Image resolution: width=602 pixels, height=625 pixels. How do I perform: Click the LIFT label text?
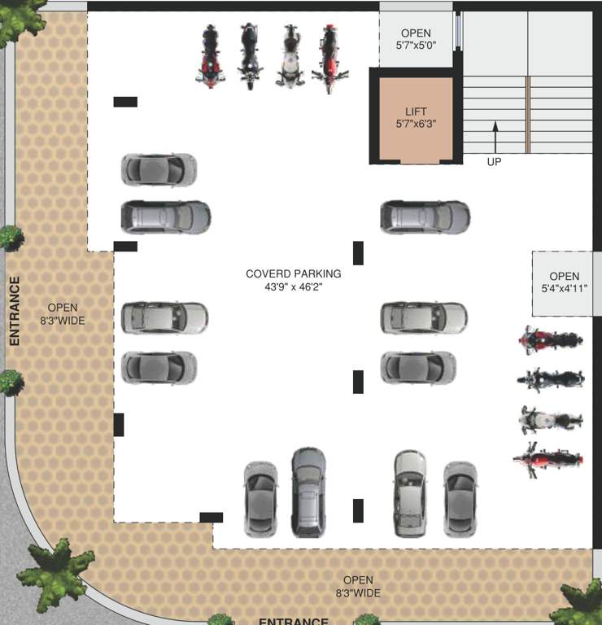pyautogui.click(x=416, y=111)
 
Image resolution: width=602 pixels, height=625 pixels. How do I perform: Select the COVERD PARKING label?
pyautogui.click(x=294, y=273)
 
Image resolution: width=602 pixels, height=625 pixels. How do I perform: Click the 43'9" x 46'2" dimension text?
pyautogui.click(x=294, y=286)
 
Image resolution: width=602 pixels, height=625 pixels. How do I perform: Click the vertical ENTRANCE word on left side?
pyautogui.click(x=14, y=312)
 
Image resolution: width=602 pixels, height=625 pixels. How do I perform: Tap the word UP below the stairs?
pyautogui.click(x=494, y=162)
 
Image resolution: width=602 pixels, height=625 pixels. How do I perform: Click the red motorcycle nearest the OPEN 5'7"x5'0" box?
pyautogui.click(x=329, y=56)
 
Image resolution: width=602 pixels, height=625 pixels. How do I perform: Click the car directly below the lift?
pyautogui.click(x=425, y=217)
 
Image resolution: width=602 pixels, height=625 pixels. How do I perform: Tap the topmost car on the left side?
pyautogui.click(x=159, y=169)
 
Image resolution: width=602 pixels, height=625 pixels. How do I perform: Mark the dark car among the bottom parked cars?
pyautogui.click(x=308, y=492)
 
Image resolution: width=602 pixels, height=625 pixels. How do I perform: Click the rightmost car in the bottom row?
pyautogui.click(x=460, y=498)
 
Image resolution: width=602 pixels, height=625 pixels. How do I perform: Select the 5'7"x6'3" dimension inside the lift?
pyautogui.click(x=416, y=125)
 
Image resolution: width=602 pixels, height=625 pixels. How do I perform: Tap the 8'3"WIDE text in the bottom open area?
pyautogui.click(x=358, y=593)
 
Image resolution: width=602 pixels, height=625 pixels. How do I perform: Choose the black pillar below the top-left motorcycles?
pyautogui.click(x=125, y=102)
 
